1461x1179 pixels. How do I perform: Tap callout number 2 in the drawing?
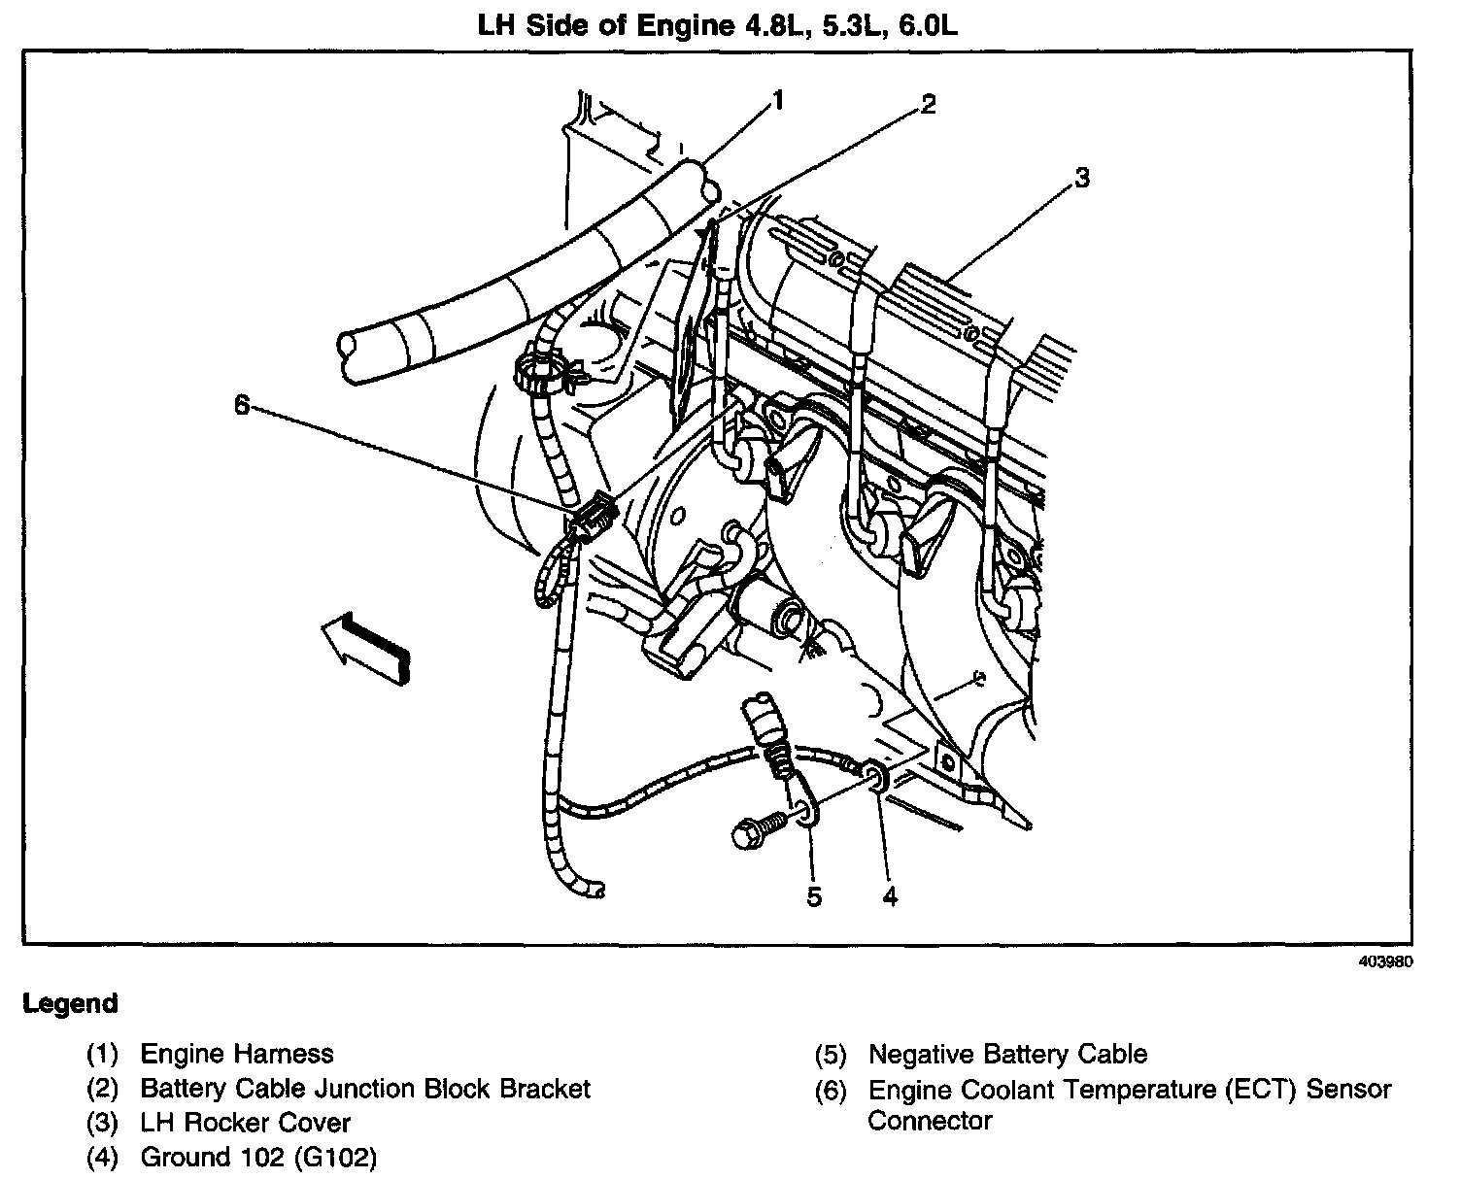click(x=929, y=105)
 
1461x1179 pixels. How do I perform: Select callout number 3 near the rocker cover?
click(x=1081, y=178)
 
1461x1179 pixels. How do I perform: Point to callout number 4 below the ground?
click(x=890, y=896)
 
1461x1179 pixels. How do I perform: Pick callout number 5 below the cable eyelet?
click(x=814, y=896)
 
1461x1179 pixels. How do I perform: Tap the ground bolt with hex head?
click(x=754, y=831)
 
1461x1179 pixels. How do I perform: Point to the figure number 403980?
click(x=1386, y=962)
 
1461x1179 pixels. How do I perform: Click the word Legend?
click(x=70, y=1003)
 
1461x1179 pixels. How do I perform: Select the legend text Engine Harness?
click(x=237, y=1054)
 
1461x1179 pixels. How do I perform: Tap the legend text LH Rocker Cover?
click(x=246, y=1123)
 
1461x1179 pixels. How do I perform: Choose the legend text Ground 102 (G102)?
click(x=258, y=1157)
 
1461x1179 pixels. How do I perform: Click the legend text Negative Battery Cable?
click(x=1007, y=1054)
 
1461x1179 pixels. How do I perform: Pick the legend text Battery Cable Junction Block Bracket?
click(x=365, y=1089)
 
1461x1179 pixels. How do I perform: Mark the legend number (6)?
click(x=831, y=1090)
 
